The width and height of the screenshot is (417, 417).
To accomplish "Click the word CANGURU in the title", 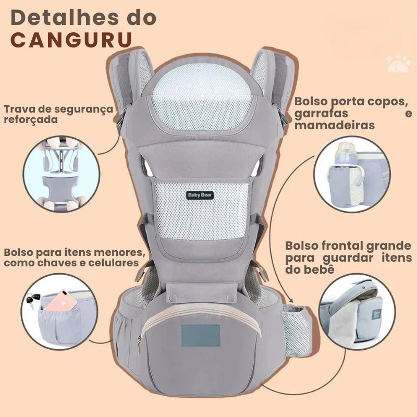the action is [x=71, y=40].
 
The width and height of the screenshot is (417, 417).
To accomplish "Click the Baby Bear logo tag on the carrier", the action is [x=200, y=195].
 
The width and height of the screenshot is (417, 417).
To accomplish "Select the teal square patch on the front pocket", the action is [x=201, y=336].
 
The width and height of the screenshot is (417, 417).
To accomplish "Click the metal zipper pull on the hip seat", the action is [x=139, y=345].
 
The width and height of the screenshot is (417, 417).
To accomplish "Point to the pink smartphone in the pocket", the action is [x=62, y=302].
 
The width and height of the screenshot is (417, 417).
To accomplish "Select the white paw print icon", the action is [x=399, y=64].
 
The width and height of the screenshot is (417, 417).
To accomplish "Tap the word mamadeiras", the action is [x=335, y=125].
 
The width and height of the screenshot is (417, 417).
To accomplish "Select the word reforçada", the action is [x=31, y=120].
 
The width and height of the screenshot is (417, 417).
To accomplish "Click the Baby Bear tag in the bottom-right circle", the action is [x=376, y=314].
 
